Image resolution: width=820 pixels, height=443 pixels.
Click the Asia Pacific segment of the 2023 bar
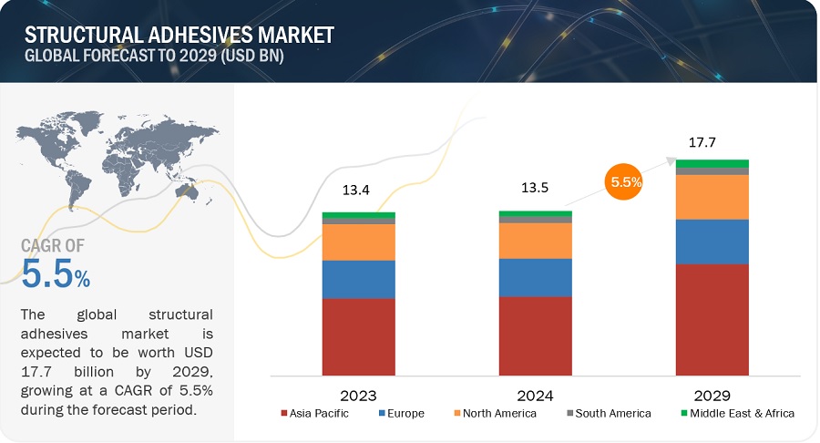358,337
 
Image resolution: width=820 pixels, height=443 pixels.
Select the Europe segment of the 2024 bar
535,277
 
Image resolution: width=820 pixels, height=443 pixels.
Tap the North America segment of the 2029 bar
712,197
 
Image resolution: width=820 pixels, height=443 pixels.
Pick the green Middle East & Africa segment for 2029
712,163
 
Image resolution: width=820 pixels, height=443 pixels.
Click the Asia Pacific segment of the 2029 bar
712,320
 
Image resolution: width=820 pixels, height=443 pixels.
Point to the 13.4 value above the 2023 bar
358,192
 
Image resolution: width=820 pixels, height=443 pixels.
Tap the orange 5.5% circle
625,181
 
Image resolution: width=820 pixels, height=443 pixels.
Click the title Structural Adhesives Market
179,36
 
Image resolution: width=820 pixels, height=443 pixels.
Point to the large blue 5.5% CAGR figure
55,273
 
